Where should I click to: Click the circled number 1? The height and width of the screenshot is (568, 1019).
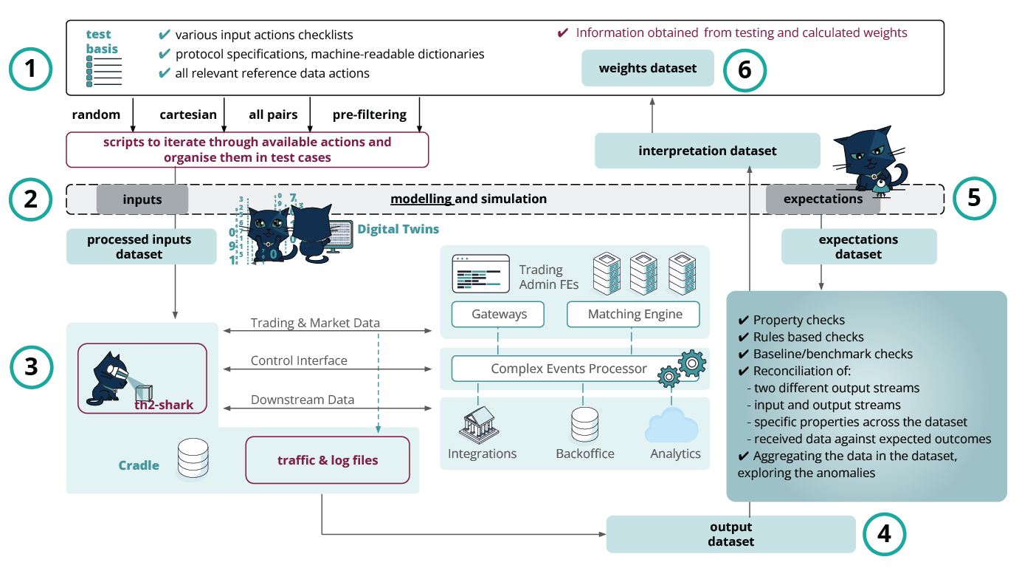tap(30, 71)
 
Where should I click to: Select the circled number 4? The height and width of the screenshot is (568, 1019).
tap(884, 533)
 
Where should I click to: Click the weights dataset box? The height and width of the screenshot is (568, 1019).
tap(648, 68)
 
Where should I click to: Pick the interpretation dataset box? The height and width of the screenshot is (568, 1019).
tap(707, 151)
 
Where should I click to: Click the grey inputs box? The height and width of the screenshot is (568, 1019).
tap(142, 199)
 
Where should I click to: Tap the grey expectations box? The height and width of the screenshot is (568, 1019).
tap(823, 199)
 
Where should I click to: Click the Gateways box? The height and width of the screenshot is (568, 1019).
tap(499, 314)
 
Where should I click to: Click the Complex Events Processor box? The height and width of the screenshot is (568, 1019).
tap(568, 368)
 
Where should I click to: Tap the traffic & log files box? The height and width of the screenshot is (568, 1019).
tap(327, 460)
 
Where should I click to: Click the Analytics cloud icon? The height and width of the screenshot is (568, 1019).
tap(671, 425)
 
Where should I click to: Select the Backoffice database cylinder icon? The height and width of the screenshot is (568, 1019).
tap(584, 425)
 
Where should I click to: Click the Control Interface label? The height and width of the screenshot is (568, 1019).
tap(299, 360)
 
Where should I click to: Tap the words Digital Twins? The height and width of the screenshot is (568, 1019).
tap(398, 229)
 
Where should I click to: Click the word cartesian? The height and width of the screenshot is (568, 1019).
tap(188, 114)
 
